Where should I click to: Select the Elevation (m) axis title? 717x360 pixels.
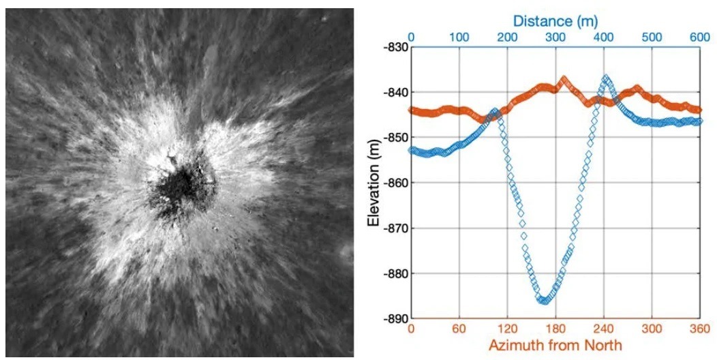pos(373,183)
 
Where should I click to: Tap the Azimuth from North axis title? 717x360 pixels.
pos(555,346)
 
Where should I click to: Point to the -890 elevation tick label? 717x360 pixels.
pos(394,319)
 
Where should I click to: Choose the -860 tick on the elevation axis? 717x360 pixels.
pos(394,183)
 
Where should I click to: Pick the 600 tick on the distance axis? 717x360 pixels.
pos(701,36)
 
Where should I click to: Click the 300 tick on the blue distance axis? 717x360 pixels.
pos(556,36)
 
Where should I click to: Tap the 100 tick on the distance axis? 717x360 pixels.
pos(459,36)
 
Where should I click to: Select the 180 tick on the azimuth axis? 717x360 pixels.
pos(556,330)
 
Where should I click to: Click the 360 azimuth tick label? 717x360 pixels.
pos(701,330)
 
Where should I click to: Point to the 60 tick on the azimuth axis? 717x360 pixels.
pos(459,330)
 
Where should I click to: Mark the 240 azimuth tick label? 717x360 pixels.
pos(605,330)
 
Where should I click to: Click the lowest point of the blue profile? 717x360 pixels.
pos(543,300)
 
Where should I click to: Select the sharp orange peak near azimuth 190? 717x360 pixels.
pos(564,78)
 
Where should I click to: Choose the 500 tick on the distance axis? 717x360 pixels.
pos(652,36)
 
